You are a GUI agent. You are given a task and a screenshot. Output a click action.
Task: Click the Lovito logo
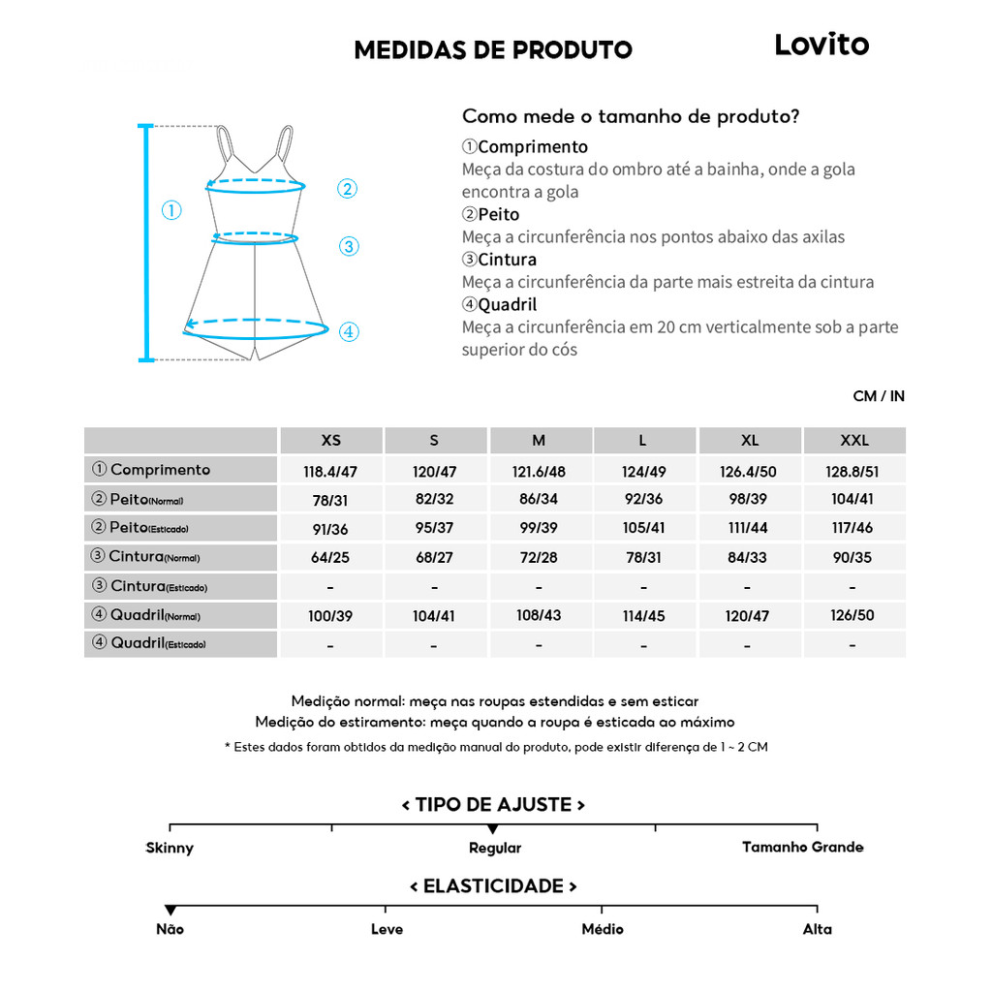(821, 45)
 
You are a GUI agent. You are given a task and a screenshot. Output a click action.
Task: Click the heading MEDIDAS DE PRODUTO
(493, 50)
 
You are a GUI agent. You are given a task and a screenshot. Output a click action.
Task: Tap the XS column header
(331, 441)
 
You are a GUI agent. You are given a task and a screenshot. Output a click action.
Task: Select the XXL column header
(854, 441)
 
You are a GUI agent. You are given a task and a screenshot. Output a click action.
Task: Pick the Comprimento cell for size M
(539, 472)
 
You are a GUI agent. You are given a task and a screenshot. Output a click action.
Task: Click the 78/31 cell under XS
(331, 500)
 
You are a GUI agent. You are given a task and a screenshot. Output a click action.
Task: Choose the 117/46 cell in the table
(854, 529)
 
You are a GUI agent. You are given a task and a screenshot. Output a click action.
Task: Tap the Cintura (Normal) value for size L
(643, 558)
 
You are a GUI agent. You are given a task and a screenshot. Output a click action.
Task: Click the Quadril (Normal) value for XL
(749, 616)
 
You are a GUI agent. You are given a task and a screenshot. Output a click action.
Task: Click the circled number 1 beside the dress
(171, 210)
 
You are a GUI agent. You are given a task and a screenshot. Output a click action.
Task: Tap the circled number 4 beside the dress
(350, 332)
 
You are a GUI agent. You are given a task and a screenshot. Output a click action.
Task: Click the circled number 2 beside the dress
(348, 189)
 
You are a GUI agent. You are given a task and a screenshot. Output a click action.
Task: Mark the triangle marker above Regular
(493, 829)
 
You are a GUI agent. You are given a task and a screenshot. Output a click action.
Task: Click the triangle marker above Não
(170, 910)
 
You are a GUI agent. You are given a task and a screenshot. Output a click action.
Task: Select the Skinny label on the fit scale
(170, 848)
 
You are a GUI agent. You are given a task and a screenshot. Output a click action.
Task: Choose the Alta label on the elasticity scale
(817, 929)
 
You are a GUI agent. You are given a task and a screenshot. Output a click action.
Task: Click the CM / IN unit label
(879, 396)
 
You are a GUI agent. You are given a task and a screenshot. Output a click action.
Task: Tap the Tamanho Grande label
(802, 848)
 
